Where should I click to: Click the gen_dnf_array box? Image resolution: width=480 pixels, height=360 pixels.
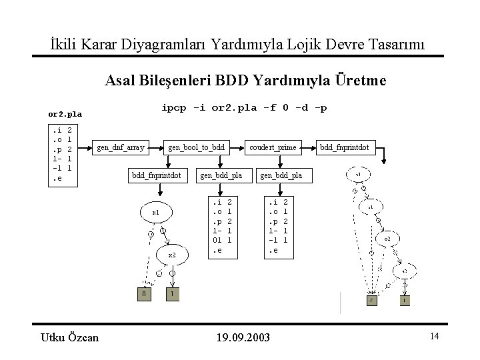(121, 147)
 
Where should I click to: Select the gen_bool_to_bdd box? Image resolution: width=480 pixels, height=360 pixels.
(197, 147)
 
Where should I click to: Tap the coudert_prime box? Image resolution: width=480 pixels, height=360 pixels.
(273, 147)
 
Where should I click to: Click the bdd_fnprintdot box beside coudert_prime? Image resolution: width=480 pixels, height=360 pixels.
(347, 147)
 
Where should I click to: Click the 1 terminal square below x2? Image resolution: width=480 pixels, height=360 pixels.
(172, 294)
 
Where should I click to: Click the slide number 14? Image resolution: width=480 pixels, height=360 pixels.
(434, 337)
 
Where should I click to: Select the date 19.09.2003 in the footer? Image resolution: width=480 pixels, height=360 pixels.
(243, 338)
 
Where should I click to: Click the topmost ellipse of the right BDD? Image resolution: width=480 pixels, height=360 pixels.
(358, 175)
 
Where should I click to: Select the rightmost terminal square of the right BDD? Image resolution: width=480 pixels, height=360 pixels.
(405, 301)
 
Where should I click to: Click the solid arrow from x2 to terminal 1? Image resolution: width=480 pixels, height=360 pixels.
(173, 277)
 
